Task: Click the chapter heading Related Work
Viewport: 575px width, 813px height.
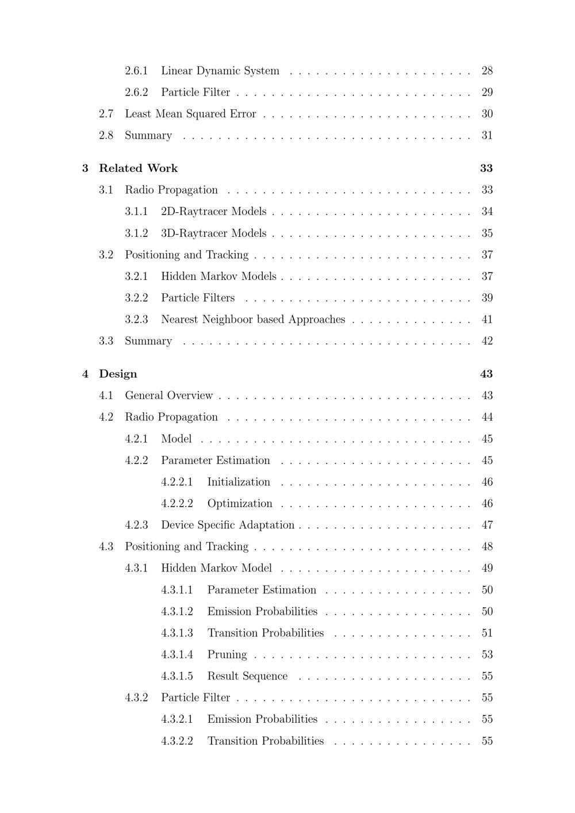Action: [138, 168]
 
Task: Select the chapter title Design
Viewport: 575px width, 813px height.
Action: [118, 374]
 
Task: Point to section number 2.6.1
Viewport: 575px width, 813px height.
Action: [136, 71]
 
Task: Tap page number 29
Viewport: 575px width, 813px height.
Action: [487, 93]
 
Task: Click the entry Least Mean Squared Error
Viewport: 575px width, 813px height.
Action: [190, 114]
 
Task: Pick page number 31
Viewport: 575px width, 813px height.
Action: [487, 136]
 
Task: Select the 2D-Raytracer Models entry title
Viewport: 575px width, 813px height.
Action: [213, 212]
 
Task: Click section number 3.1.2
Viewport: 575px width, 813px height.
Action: [136, 233]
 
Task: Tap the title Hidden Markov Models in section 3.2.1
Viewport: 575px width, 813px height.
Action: [218, 277]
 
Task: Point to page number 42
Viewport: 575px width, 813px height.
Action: [487, 341]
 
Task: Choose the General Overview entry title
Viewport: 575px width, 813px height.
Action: [168, 396]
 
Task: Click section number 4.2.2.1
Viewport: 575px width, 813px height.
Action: [177, 482]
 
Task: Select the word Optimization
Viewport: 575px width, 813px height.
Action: [240, 504]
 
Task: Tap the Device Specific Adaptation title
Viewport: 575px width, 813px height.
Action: [227, 525]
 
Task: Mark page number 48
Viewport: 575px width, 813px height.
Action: [487, 547]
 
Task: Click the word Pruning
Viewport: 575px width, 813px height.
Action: [227, 655]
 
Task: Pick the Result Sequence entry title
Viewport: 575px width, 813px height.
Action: [247, 676]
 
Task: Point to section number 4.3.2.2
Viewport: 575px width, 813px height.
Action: [177, 741]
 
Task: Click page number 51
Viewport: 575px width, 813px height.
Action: [487, 633]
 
